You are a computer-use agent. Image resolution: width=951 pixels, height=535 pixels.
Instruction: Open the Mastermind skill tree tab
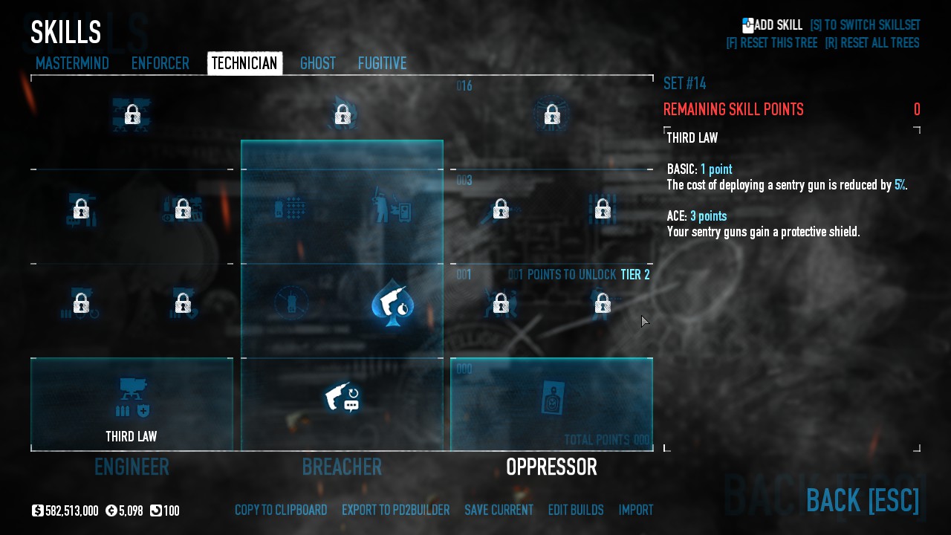72,64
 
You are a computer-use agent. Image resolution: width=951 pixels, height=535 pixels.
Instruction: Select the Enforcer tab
160,64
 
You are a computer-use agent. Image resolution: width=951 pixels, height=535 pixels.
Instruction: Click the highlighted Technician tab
244,64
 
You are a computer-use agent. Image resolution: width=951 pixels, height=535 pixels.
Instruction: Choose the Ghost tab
318,64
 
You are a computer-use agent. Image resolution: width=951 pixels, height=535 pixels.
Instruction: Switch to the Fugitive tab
382,64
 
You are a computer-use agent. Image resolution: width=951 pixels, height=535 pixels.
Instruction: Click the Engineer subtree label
132,467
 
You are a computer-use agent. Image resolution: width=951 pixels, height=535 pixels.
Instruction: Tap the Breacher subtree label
342,467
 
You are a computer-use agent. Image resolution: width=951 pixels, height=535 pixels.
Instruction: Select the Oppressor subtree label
551,467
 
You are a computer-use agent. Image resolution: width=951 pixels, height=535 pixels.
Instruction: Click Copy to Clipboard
281,510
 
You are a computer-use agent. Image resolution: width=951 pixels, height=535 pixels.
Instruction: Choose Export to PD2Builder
395,510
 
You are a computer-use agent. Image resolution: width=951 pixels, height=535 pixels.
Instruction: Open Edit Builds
576,510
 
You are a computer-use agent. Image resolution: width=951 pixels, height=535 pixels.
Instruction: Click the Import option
636,510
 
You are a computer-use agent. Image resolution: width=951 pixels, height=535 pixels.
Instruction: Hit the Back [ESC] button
862,500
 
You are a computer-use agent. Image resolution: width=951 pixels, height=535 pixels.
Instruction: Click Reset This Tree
771,43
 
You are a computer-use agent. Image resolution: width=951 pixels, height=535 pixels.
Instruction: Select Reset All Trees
872,43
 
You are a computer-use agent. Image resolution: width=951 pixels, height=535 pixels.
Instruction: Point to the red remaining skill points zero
917,110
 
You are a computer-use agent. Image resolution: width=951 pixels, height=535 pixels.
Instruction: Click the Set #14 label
684,83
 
